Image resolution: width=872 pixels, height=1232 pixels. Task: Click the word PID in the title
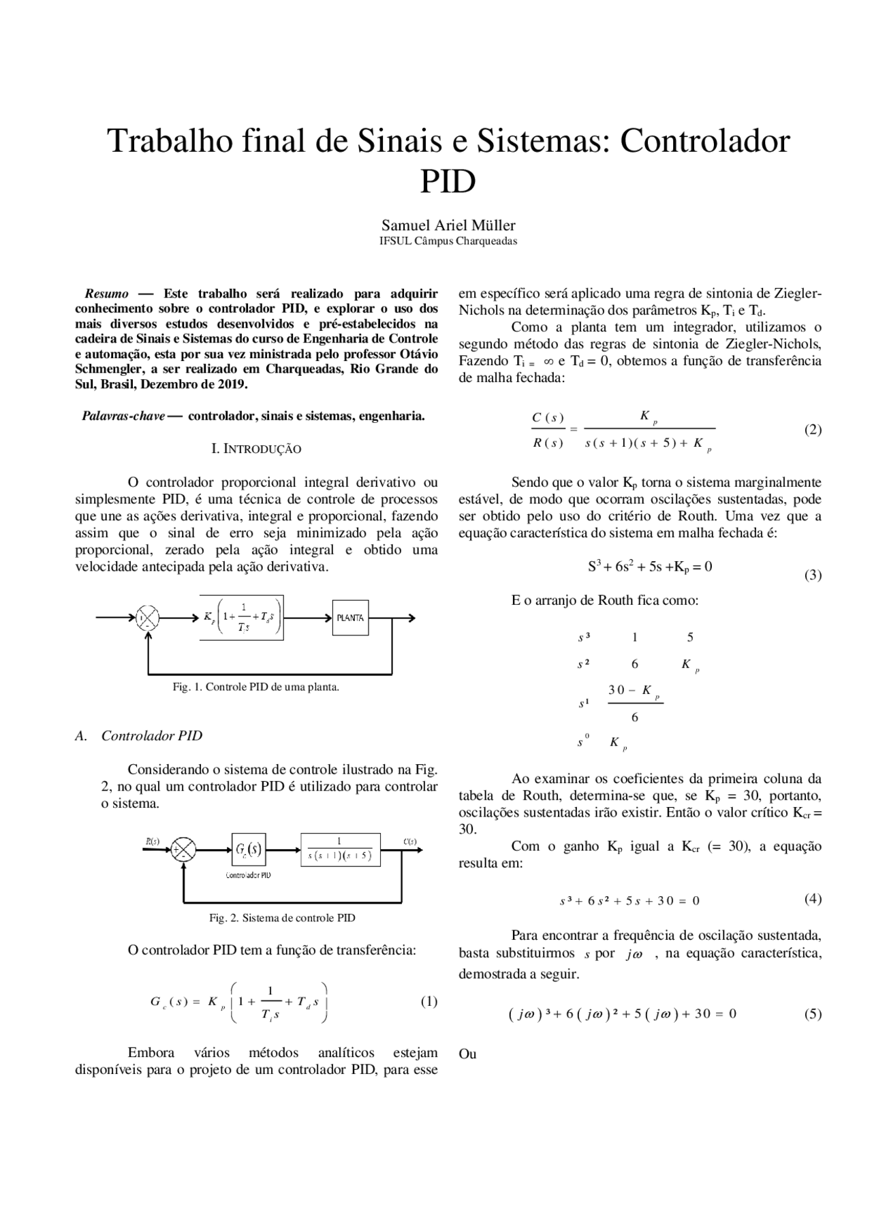coord(448,182)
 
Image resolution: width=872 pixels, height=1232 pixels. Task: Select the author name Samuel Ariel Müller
coord(448,225)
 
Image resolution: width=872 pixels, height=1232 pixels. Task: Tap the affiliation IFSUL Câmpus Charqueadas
coord(448,241)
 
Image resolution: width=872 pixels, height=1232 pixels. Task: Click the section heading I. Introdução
coord(256,449)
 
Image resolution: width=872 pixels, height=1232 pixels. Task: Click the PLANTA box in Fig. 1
coord(350,618)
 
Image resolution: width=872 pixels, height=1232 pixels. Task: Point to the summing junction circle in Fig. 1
coord(148,618)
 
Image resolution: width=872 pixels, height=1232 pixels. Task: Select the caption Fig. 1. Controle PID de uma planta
coord(255,686)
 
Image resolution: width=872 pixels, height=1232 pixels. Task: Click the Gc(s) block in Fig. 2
coord(248,849)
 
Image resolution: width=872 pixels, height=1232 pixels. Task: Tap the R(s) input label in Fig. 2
coord(152,841)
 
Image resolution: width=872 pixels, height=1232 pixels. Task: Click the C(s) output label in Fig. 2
coord(409,841)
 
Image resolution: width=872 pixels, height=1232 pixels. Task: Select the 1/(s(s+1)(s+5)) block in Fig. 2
coord(340,849)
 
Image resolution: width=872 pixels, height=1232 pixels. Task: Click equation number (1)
coord(429,1001)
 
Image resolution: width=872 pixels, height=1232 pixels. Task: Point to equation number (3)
coord(813,575)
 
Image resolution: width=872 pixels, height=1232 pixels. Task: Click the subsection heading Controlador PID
coord(151,736)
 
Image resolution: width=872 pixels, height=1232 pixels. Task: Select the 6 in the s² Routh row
coord(634,664)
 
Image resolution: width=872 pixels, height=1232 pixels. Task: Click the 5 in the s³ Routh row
coord(690,637)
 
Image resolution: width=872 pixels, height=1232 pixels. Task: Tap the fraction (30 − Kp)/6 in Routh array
coord(634,703)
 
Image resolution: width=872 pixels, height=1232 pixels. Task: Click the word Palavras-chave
coord(123,416)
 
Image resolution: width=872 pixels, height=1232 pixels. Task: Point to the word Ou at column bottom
coord(467,1054)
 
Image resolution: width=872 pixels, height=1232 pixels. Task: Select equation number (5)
coord(813,1013)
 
